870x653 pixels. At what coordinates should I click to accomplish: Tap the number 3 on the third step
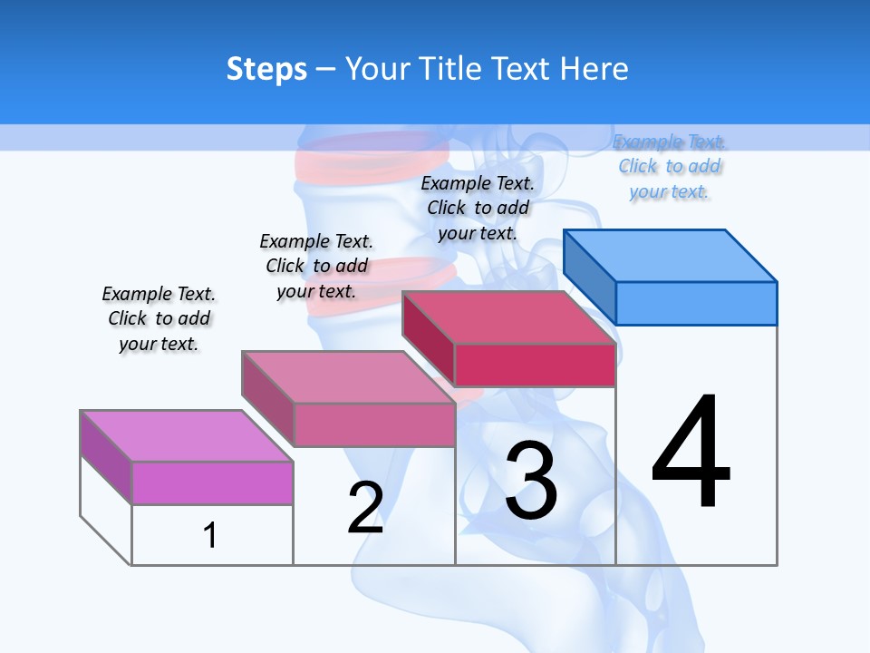pos(531,481)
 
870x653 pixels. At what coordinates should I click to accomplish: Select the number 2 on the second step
pos(365,508)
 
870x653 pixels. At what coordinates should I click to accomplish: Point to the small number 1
pos(209,535)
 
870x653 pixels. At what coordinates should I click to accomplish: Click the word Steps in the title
pos(266,69)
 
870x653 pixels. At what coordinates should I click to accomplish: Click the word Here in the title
pos(594,69)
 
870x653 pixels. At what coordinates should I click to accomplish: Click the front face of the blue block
pos(696,303)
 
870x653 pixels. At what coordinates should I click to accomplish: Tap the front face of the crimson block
pos(535,365)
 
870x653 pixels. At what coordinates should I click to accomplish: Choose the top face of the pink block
pos(348,376)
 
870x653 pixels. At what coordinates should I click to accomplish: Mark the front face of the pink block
pos(374,424)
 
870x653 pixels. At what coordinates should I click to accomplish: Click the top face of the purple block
pos(187,435)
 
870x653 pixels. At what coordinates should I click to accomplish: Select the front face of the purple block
pos(212,482)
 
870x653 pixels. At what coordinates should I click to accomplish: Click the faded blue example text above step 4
pos(670,167)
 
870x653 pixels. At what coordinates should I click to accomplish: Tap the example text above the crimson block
pos(478,208)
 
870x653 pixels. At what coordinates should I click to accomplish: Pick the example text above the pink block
pos(316,266)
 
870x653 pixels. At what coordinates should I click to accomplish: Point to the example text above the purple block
pos(159,318)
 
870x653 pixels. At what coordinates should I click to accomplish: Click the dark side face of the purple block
pos(106,456)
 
